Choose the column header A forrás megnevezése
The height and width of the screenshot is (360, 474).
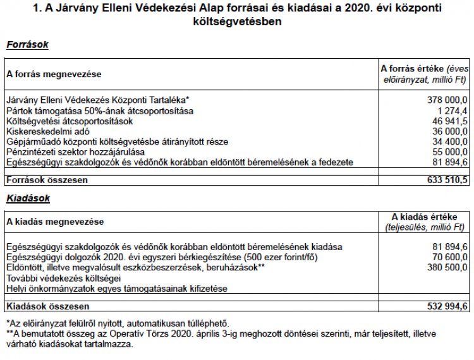click(53, 74)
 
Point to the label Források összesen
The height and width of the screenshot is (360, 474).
click(46, 180)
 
